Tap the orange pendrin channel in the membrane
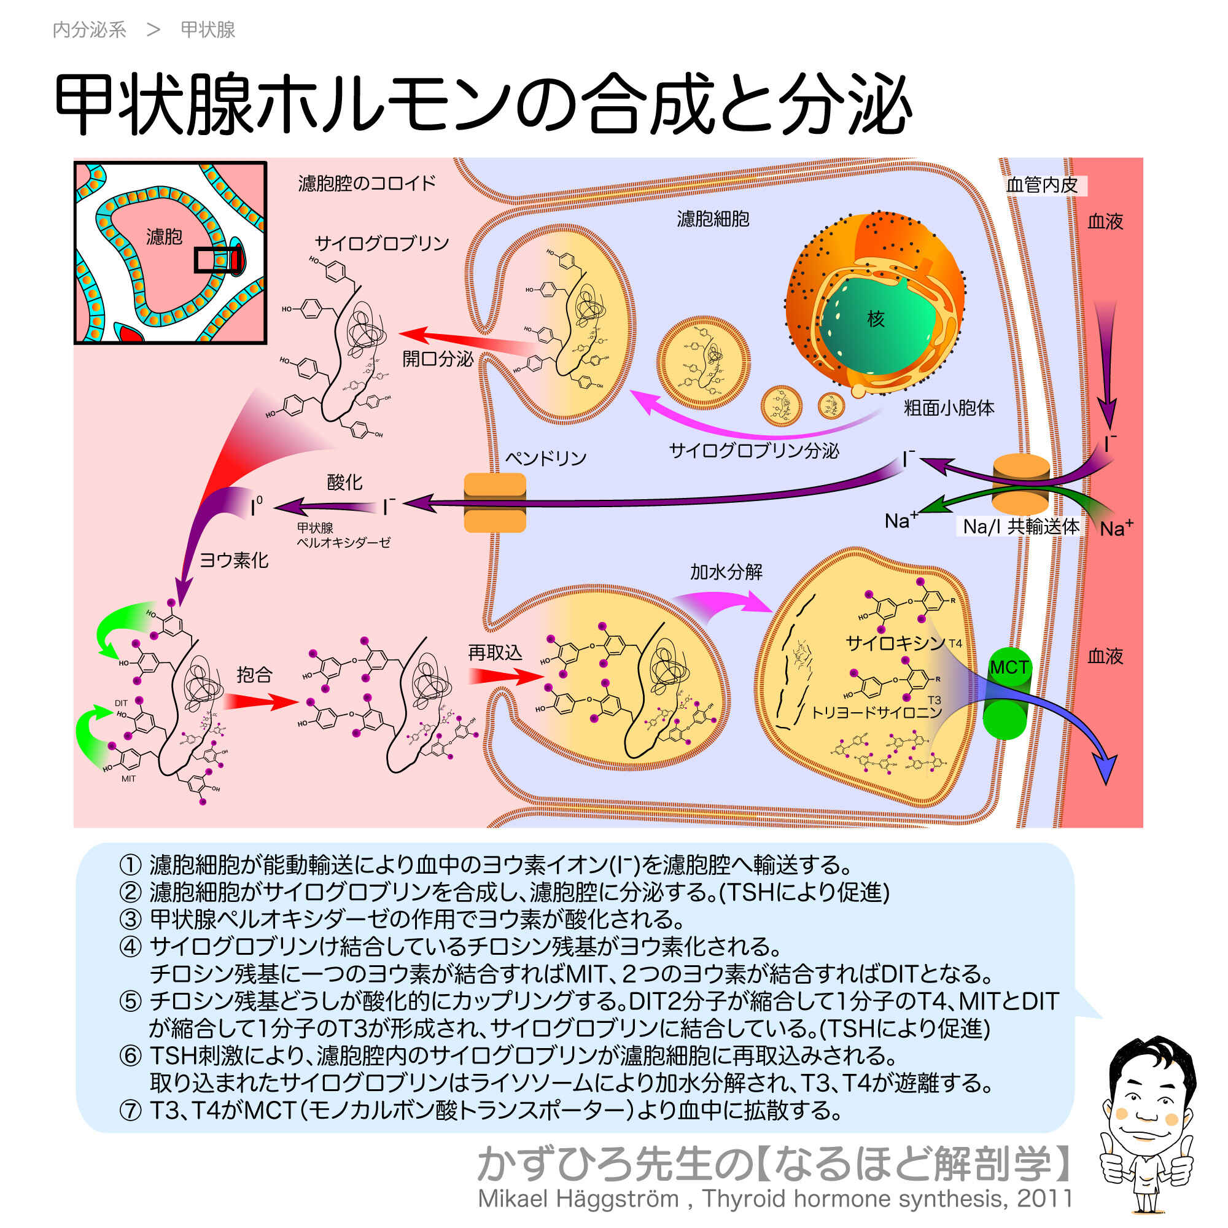[494, 502]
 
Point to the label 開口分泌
[437, 359]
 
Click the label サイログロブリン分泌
[754, 451]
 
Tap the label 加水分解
[726, 572]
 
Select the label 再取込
[494, 652]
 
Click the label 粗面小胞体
[949, 408]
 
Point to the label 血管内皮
[1042, 185]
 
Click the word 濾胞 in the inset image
[164, 237]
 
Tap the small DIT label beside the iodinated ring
[121, 703]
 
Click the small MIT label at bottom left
[128, 779]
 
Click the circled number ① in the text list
[130, 865]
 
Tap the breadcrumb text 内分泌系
[89, 29]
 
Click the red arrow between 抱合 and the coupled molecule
[260, 701]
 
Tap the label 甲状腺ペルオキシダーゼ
[343, 535]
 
